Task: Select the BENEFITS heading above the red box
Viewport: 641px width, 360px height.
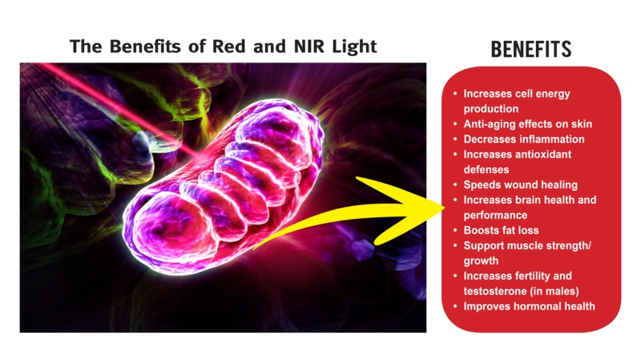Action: (x=531, y=50)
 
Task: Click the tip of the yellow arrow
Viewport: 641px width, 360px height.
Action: (x=445, y=208)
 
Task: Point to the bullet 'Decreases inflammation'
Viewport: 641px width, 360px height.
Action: (x=524, y=139)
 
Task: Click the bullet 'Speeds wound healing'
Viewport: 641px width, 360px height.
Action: (x=520, y=185)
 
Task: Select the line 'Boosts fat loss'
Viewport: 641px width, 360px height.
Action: (x=501, y=230)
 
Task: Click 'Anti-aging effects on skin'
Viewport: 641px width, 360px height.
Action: (x=527, y=124)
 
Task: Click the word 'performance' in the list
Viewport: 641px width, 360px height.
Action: (x=495, y=216)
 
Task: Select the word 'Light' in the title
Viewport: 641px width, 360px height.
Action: (x=354, y=47)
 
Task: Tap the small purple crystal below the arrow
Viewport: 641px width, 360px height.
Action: (x=362, y=249)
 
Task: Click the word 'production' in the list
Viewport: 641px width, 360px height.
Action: (x=491, y=109)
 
